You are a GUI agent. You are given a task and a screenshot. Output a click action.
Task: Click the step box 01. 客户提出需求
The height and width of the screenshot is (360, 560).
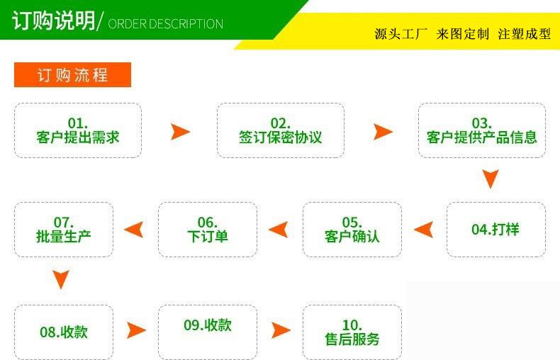coord(78,130)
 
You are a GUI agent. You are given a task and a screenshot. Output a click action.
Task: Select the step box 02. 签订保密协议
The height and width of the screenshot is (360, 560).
coord(280,130)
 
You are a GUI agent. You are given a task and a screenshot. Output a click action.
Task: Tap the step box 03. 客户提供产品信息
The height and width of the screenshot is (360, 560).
coord(482,130)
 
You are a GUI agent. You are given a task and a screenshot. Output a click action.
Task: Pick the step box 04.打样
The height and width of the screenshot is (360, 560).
coord(495,229)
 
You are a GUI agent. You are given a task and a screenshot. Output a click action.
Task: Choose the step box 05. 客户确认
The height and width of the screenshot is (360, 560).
coord(352,229)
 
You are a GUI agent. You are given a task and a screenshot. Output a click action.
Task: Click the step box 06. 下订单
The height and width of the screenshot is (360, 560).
coord(208,229)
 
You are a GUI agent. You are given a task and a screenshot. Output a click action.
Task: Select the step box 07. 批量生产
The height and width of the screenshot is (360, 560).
coord(63,229)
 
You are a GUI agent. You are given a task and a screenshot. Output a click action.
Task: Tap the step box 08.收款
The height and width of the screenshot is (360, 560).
coord(63,331)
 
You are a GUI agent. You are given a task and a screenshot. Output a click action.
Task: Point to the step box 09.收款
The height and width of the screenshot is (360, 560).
coord(208,326)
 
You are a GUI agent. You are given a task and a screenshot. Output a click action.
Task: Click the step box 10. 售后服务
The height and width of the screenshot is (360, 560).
coord(352,331)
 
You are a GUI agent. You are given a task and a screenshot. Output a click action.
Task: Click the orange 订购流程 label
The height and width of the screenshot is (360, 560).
coord(72,74)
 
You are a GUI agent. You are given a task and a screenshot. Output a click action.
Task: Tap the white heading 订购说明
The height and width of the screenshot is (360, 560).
coord(53,21)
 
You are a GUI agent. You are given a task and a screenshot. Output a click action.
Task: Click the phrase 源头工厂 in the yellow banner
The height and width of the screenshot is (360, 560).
coord(401,34)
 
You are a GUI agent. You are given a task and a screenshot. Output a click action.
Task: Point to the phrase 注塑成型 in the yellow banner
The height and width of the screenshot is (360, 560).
coord(524,34)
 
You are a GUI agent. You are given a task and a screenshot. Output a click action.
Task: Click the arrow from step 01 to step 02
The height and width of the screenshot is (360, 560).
coord(181,131)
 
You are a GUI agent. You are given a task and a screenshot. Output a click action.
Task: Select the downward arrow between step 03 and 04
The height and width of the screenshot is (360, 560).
coord(490,178)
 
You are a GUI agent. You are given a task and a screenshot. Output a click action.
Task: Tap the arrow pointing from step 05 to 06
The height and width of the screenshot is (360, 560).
coord(278,229)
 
